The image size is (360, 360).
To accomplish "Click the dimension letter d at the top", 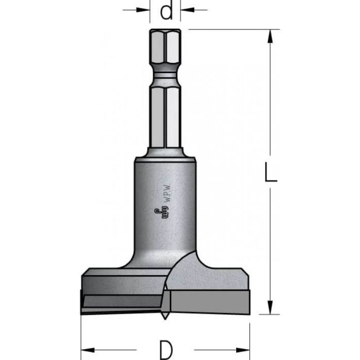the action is (x=166, y=11).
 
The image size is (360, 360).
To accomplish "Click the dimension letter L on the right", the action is (x=271, y=172).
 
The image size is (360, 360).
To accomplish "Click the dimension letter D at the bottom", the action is (x=166, y=350).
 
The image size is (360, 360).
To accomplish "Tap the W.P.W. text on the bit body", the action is (x=168, y=193).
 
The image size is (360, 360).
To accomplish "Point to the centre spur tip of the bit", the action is (x=165, y=319).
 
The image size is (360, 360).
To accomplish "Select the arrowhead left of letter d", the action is (x=143, y=10).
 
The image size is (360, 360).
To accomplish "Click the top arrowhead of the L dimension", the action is (x=270, y=37).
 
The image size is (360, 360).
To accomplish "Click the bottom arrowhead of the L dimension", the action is (x=270, y=307).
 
